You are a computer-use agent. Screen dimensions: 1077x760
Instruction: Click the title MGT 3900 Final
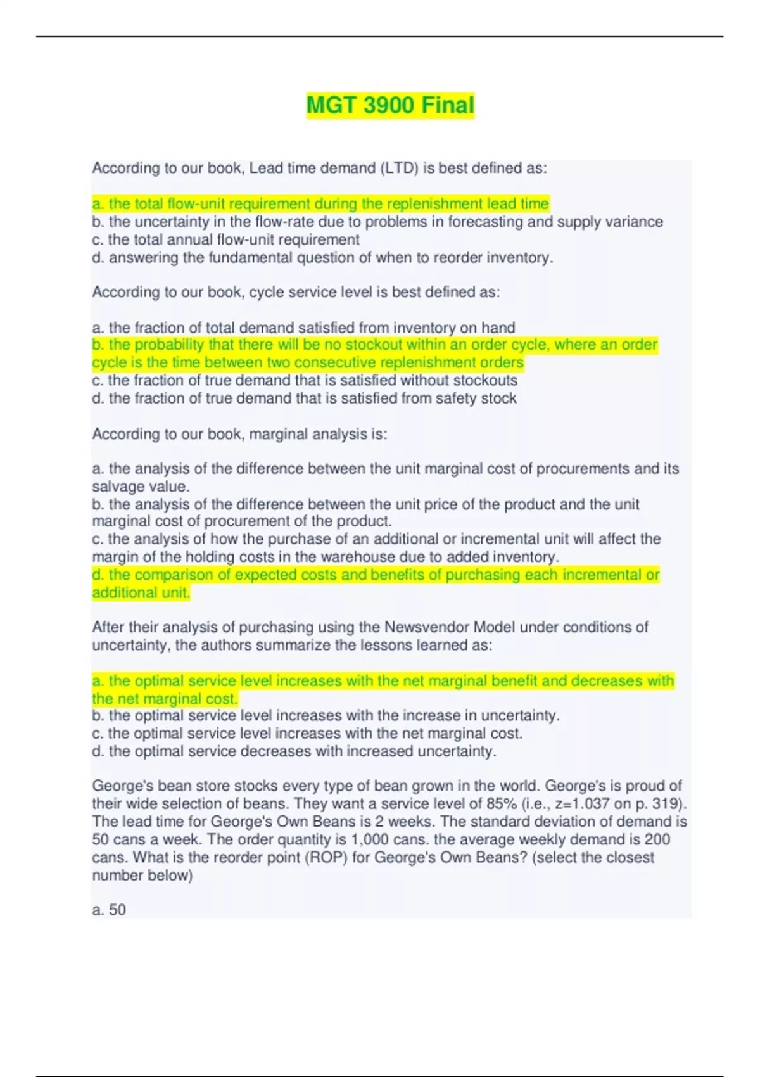coord(390,105)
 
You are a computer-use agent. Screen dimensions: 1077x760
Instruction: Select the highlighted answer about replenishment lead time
coord(320,204)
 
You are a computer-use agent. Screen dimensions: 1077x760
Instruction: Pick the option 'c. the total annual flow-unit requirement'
coord(226,239)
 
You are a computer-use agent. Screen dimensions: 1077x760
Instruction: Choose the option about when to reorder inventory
coord(322,258)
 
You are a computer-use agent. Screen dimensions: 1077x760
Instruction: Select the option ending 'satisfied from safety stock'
coord(304,398)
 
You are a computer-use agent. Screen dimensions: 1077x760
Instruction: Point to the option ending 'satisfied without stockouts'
coord(305,381)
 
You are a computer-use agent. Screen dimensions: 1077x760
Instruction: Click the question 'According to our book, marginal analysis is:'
coord(239,434)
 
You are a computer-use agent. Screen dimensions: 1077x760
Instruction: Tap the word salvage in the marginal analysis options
coord(119,487)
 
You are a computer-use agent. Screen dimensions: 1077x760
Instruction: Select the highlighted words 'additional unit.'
coord(141,593)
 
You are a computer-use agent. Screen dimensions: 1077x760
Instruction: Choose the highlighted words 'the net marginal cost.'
coord(165,699)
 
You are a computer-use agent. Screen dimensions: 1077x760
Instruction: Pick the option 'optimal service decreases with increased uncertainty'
coord(294,751)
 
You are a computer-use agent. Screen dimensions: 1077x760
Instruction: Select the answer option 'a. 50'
coord(109,910)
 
